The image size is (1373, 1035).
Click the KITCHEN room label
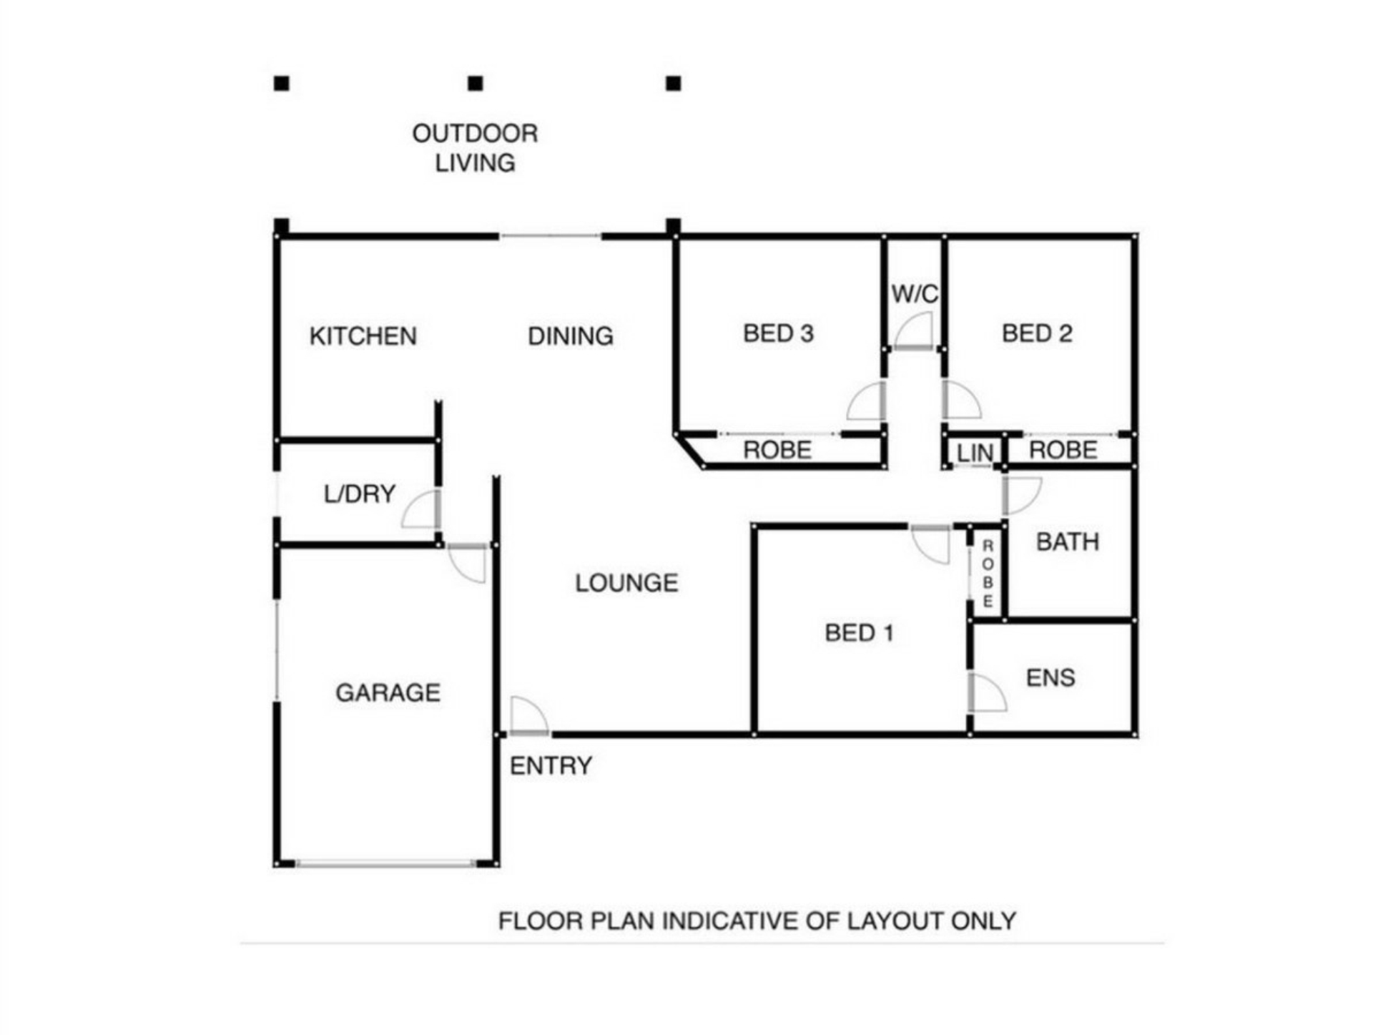tap(363, 336)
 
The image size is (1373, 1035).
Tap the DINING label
tap(571, 336)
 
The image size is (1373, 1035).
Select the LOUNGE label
tap(626, 583)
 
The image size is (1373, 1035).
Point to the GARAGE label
tap(388, 692)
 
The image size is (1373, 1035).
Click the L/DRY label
tap(360, 494)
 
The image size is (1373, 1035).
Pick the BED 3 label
tap(778, 333)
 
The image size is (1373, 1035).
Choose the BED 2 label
tap(1037, 333)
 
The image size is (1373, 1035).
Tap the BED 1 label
tap(859, 633)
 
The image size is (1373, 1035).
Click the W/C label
tap(915, 294)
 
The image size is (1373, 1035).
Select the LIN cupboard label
tap(975, 453)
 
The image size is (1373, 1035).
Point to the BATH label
tap(1068, 542)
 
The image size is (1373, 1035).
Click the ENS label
tap(1050, 678)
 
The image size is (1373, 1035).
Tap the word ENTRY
tap(551, 766)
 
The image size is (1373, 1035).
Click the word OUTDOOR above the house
tap(475, 134)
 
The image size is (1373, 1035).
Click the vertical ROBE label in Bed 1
tap(988, 574)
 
